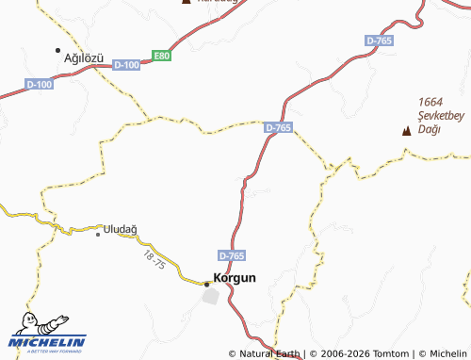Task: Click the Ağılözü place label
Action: [x=83, y=57]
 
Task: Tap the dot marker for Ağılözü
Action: [x=58, y=50]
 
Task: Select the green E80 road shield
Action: [x=163, y=57]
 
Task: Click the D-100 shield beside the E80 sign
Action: [x=125, y=65]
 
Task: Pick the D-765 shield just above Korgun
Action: [x=232, y=255]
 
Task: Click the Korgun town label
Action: [x=235, y=278]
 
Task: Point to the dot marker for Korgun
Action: [x=207, y=283]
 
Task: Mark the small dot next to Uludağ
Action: [x=98, y=234]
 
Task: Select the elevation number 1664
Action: [x=431, y=102]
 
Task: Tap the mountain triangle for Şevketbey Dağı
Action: [x=407, y=131]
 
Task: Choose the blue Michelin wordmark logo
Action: [x=54, y=342]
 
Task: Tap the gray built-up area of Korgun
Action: [x=213, y=296]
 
